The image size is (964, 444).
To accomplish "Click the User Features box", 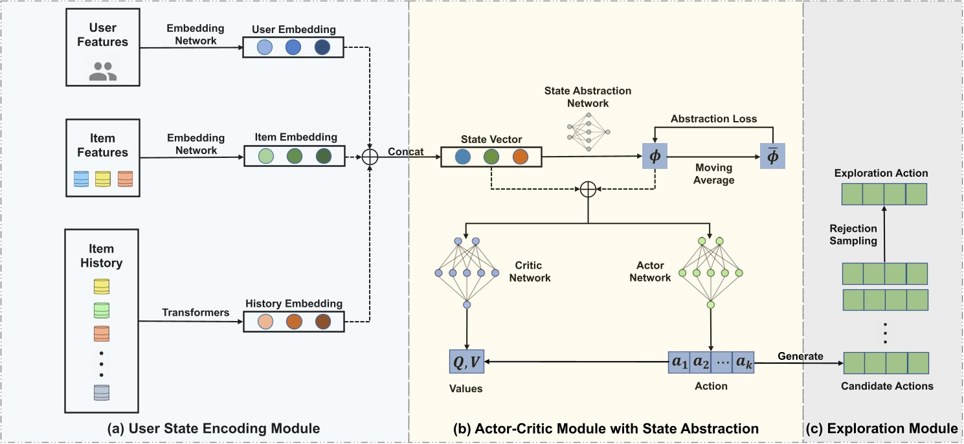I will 103,47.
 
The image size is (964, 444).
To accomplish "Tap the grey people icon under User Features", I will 103,71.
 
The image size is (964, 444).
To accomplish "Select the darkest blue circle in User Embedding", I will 323,47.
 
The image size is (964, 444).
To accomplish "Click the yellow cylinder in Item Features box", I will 102,179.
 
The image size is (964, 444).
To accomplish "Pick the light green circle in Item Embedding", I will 265,157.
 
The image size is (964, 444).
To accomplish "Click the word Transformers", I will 196,313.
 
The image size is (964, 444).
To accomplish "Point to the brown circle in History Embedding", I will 323,322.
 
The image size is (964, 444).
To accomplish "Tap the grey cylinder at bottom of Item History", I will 102,393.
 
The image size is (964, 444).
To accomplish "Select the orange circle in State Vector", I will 520,157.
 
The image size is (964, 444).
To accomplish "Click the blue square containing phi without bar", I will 655,157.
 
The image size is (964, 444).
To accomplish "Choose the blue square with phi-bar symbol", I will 772,157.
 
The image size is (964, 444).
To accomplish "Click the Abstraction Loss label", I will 713,119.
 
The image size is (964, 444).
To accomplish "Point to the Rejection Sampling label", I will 853,234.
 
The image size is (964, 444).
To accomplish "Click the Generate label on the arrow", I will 800,356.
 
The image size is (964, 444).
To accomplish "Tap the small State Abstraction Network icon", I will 588,131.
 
